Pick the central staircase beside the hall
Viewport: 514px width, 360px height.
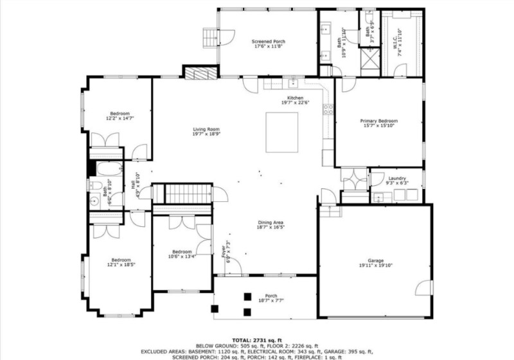point(189,193)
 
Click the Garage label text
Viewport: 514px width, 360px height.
point(376,260)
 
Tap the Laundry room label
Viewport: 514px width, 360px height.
point(397,178)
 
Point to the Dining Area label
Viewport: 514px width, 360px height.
point(270,222)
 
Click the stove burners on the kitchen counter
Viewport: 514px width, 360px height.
point(328,109)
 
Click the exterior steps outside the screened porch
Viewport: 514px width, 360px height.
point(211,38)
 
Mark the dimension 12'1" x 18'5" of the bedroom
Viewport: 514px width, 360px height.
point(121,264)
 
